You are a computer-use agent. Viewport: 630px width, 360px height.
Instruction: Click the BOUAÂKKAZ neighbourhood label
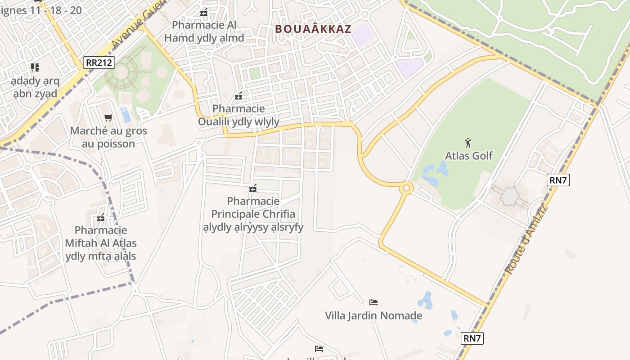click(313, 29)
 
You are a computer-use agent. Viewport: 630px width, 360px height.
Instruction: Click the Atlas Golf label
click(469, 156)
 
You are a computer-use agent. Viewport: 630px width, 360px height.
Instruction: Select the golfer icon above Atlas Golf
click(468, 143)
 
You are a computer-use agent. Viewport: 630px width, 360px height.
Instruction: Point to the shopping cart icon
click(108, 118)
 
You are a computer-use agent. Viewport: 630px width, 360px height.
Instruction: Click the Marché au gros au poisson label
click(108, 138)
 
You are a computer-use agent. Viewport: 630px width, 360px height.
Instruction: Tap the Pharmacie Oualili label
click(238, 115)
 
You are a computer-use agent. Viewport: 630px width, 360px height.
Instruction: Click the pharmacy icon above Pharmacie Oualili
click(238, 96)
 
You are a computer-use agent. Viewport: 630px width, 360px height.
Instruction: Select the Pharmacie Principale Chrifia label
click(253, 214)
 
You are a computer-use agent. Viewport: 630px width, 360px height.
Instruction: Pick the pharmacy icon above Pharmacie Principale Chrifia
click(253, 188)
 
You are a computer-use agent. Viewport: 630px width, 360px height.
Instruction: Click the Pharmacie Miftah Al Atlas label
click(101, 243)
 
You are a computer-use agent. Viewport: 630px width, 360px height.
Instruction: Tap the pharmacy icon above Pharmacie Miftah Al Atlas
click(101, 218)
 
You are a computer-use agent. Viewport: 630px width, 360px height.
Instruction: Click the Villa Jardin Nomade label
click(373, 315)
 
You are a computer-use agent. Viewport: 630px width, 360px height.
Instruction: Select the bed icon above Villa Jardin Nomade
click(373, 302)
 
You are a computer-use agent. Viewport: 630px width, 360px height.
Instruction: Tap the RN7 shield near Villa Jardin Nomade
click(472, 338)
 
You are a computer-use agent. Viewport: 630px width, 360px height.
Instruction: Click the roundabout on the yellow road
click(406, 188)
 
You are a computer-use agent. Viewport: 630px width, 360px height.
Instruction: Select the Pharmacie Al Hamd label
click(204, 31)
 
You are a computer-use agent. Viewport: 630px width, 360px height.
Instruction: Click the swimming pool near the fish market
click(126, 115)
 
